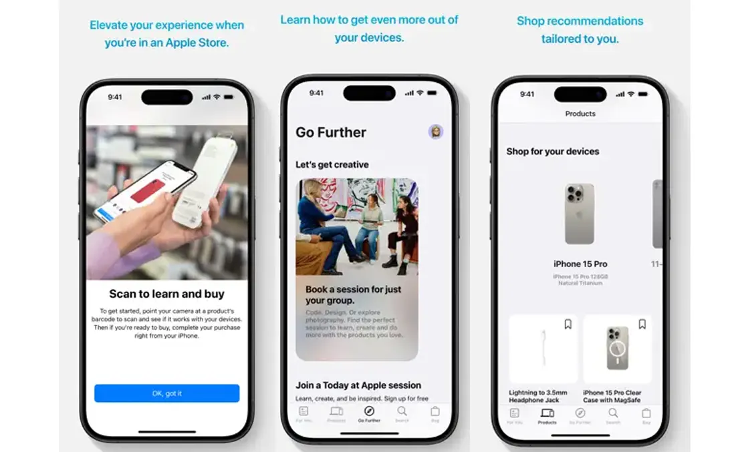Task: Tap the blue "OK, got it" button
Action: point(166,393)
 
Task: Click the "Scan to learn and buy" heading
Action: point(166,294)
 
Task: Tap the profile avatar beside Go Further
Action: point(436,132)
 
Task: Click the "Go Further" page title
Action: point(331,132)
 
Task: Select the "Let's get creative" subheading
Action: point(332,164)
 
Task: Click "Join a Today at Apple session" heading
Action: point(358,385)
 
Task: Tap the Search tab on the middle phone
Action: point(402,414)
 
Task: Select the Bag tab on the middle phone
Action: point(435,414)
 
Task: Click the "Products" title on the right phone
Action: point(580,114)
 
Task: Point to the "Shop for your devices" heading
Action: point(553,152)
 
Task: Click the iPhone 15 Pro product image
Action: point(580,214)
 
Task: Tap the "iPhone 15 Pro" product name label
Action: point(580,264)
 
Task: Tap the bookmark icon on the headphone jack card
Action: point(568,324)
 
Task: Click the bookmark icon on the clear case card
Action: point(642,324)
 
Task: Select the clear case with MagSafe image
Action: point(617,349)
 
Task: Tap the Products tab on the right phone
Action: point(547,415)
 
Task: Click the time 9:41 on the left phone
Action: point(115,97)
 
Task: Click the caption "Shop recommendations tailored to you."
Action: point(580,30)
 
